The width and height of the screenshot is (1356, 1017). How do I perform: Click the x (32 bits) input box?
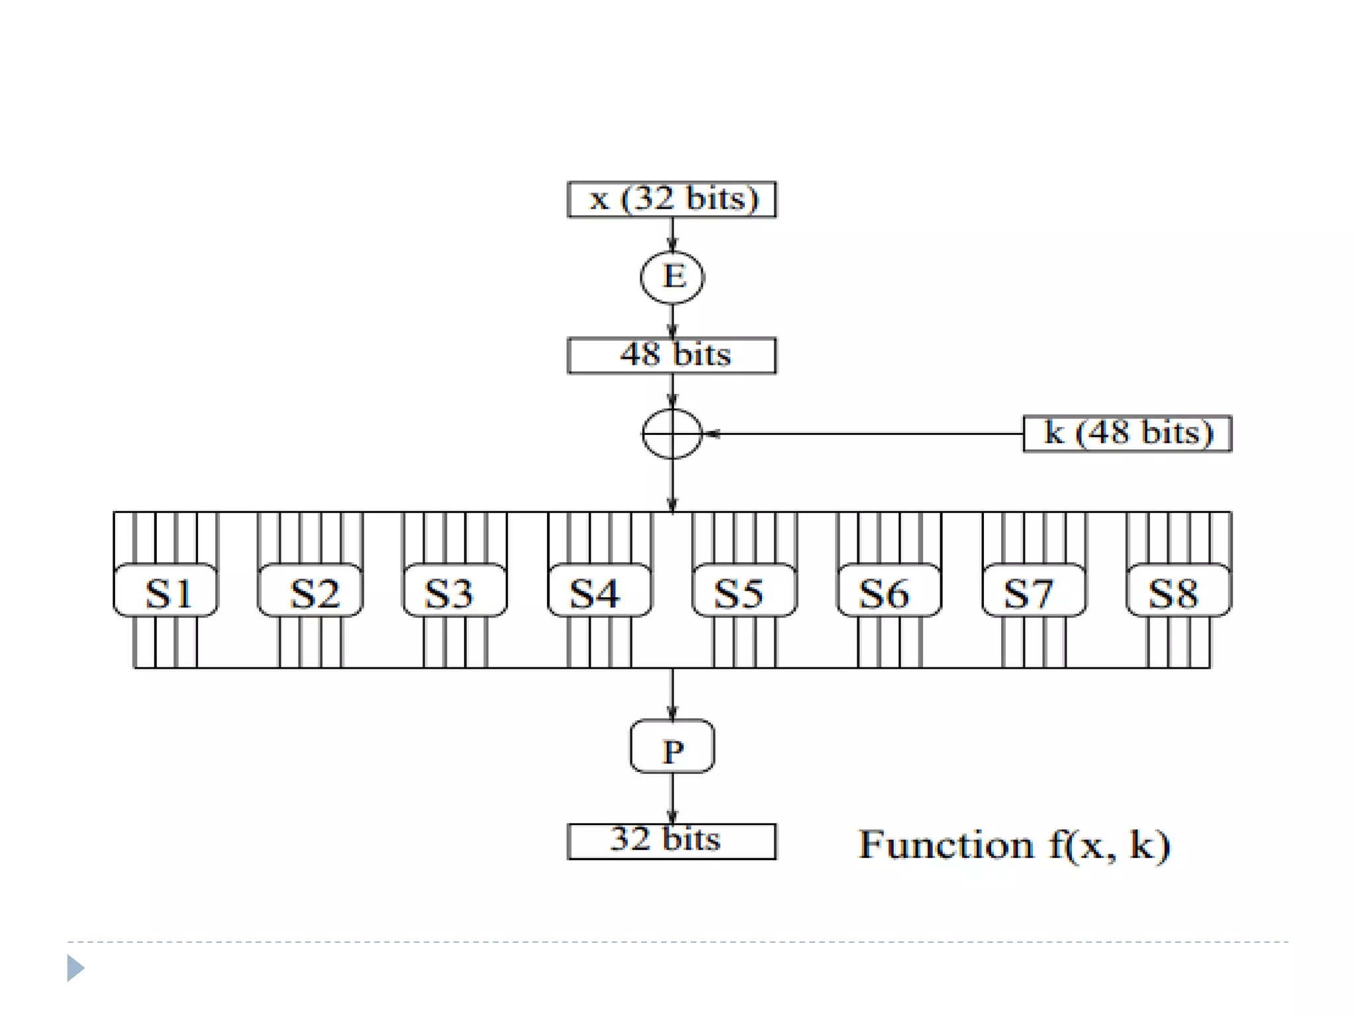(x=671, y=199)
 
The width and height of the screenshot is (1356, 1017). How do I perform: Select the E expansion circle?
(x=672, y=277)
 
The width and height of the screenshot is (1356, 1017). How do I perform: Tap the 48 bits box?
(x=671, y=356)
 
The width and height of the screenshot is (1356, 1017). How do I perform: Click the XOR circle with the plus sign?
(x=672, y=434)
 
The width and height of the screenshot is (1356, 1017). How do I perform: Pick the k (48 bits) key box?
(x=1127, y=434)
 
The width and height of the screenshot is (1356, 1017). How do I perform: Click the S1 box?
(x=166, y=591)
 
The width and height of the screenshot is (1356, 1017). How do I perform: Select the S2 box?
(x=311, y=591)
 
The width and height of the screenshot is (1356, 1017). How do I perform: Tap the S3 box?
(x=455, y=591)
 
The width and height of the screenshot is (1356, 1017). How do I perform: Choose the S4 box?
(x=600, y=591)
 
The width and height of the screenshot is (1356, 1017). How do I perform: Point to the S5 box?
(x=744, y=591)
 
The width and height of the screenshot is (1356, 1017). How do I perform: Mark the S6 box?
(x=889, y=591)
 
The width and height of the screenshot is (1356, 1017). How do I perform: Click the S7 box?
(x=1034, y=591)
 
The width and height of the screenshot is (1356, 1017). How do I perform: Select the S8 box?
(x=1179, y=591)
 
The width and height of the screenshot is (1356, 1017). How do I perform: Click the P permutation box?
(x=672, y=747)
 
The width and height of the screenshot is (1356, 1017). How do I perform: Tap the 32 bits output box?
(x=671, y=842)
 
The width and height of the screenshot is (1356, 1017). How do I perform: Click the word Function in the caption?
(x=945, y=845)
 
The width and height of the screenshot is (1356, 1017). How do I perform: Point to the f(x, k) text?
(x=1109, y=846)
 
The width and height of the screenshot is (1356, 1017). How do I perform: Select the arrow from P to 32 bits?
(x=672, y=798)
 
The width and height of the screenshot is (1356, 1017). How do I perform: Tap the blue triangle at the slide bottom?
(x=75, y=968)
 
